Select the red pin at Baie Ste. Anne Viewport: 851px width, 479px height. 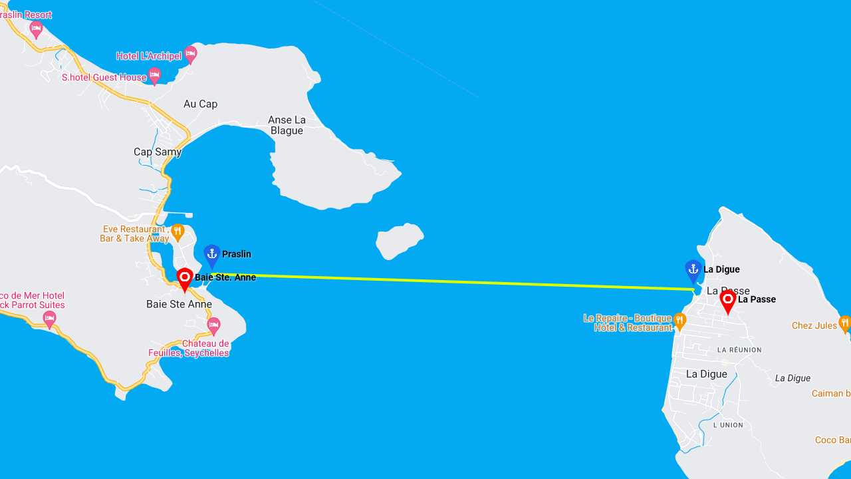click(185, 279)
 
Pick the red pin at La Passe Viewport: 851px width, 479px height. click(728, 301)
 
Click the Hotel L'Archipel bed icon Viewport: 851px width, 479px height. click(191, 54)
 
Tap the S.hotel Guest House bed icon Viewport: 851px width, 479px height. click(154, 76)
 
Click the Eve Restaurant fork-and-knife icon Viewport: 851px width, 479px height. click(178, 232)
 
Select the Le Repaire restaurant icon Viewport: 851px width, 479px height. click(679, 321)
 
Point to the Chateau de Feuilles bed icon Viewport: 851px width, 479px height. click(213, 325)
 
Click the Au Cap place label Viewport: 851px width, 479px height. click(200, 104)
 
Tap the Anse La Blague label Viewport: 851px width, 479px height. click(287, 125)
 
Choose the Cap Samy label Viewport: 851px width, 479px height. click(158, 152)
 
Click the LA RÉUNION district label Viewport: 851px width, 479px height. click(739, 350)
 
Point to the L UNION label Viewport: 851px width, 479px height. click(728, 425)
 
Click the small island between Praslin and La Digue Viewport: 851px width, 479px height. click(398, 240)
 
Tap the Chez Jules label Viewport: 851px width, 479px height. click(814, 325)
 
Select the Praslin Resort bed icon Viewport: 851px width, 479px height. click(36, 29)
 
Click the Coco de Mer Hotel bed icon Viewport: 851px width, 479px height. click(49, 319)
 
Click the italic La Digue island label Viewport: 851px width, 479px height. click(792, 378)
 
